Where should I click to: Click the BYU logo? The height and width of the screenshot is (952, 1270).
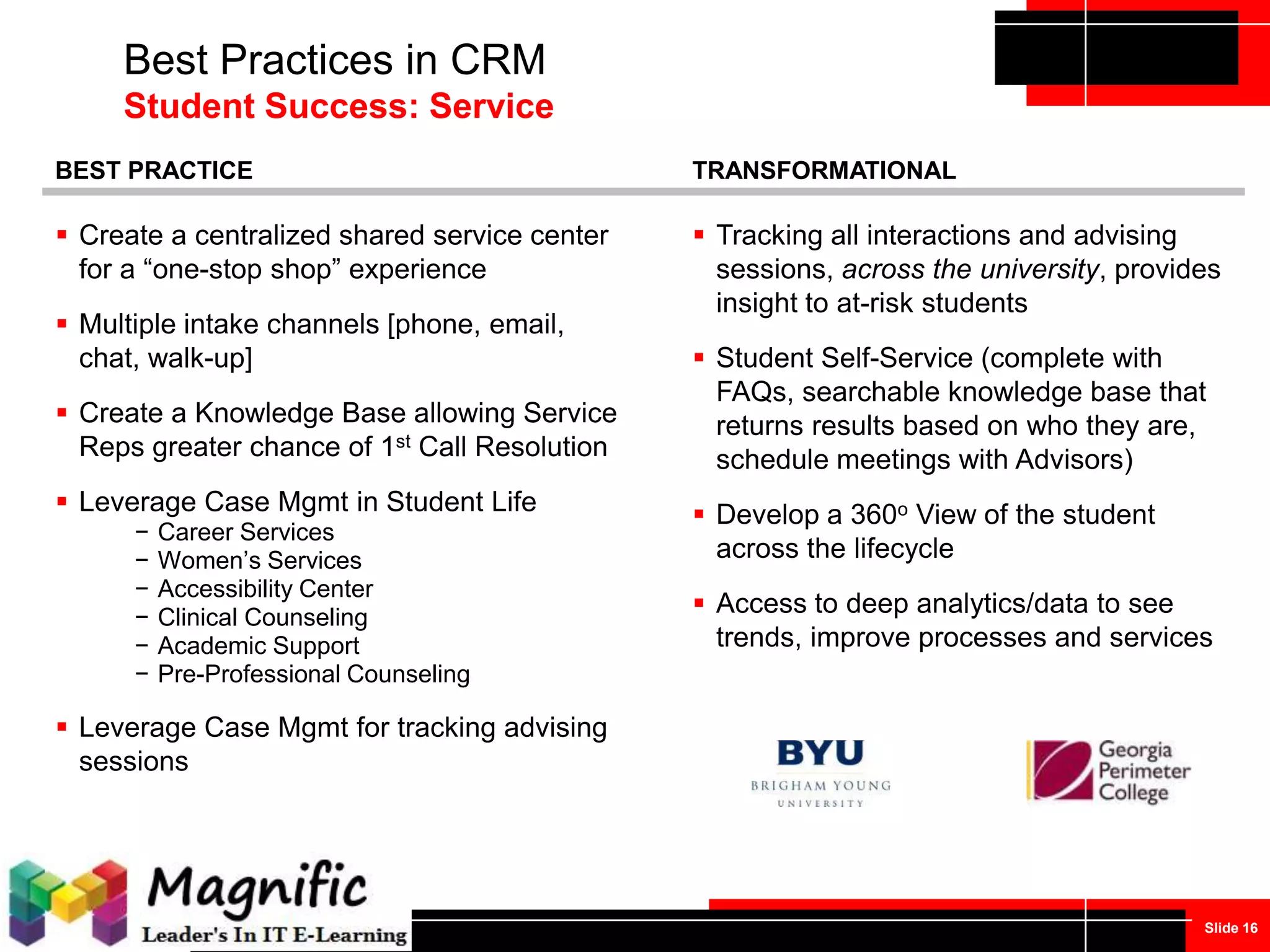(x=820, y=772)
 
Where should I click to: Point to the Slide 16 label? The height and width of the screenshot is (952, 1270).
(x=1230, y=928)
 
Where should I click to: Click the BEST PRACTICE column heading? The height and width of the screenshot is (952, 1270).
(x=154, y=170)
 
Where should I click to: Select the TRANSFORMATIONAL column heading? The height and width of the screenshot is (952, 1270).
(x=824, y=170)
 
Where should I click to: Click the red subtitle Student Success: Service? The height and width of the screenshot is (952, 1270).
(x=339, y=106)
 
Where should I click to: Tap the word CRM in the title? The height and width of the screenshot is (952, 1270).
(x=497, y=60)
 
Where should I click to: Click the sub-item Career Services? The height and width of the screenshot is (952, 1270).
(x=246, y=532)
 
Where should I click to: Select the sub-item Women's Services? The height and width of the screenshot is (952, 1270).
(x=259, y=560)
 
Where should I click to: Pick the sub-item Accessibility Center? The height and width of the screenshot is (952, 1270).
(x=265, y=589)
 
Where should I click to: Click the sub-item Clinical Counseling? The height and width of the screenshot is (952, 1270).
(x=262, y=617)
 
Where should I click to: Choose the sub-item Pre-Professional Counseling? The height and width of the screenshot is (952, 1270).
(x=314, y=674)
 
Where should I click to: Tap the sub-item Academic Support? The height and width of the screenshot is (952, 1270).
(x=259, y=646)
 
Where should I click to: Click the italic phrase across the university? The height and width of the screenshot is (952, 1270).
(x=970, y=270)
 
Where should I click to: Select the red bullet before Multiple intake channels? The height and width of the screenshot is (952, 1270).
(x=61, y=323)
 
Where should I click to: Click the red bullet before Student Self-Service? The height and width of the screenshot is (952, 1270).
(x=699, y=357)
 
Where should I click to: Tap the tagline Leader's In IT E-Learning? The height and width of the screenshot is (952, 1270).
(x=274, y=935)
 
